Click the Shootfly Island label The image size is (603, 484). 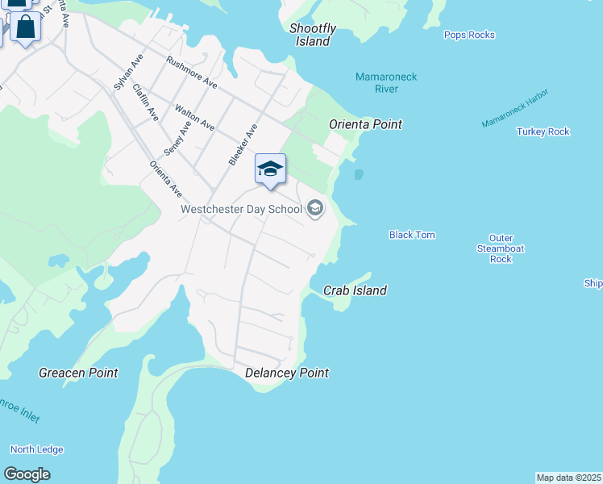tap(313, 35)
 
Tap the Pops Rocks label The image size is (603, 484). tap(469, 35)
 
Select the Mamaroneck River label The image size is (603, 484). tap(386, 82)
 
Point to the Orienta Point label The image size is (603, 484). tap(365, 124)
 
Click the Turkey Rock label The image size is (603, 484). tap(543, 131)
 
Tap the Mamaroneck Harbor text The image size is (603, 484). tap(515, 108)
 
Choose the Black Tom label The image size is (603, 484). tap(412, 235)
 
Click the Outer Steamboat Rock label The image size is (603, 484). tap(501, 248)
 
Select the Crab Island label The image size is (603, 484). tap(355, 290)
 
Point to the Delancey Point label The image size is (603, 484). tap(287, 373)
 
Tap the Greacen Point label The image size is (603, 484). tap(78, 373)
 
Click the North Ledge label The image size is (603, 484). tap(37, 449)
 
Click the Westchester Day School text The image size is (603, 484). tap(241, 210)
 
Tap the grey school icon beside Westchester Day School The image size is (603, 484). tap(315, 210)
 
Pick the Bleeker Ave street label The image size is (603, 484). tap(243, 144)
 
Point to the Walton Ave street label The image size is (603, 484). tap(195, 118)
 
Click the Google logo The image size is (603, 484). tap(27, 474)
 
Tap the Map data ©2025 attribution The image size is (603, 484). tap(568, 478)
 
